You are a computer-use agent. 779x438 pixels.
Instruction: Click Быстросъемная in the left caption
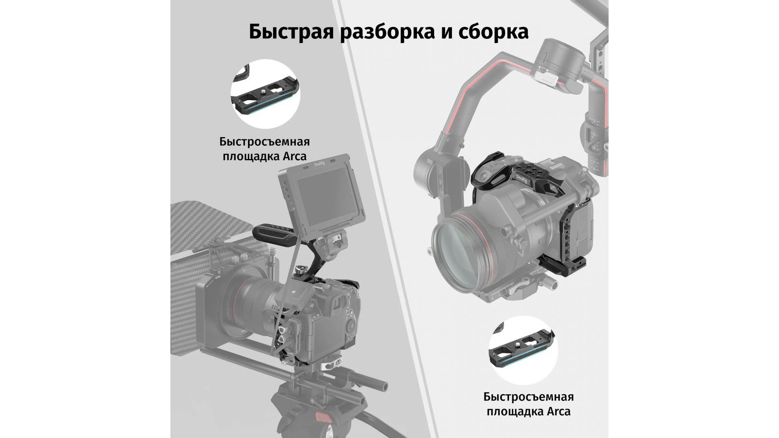tap(265, 142)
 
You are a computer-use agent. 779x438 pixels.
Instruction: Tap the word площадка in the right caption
tap(511, 412)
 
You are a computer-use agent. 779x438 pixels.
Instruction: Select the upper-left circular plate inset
tap(265, 94)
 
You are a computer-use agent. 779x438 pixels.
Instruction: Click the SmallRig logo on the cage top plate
tap(523, 178)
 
